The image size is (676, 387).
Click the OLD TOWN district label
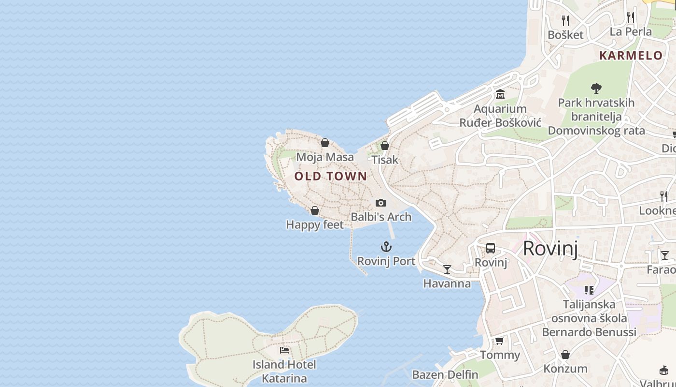tap(331, 176)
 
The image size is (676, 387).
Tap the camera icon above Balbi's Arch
tap(381, 203)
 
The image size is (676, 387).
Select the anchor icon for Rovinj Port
tap(386, 247)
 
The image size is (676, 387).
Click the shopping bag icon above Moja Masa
tap(325, 143)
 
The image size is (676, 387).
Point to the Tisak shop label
tap(385, 160)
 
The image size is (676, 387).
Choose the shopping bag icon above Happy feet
tap(315, 210)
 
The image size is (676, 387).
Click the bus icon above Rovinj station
tap(491, 248)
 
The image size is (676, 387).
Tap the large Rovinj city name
tap(550, 248)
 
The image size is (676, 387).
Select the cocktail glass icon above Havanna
tap(447, 269)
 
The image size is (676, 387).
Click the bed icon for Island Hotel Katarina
tap(284, 350)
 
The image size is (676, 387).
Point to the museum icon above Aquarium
tap(500, 94)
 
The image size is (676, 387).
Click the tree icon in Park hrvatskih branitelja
tap(596, 89)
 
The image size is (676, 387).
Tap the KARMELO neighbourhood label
tap(631, 55)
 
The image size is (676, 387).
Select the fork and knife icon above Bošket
tap(565, 20)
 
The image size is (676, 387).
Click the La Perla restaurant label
tap(631, 32)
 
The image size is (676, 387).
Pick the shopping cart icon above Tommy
tap(500, 341)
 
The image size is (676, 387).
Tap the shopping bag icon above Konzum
tap(565, 355)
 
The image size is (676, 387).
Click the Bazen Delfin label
tap(445, 374)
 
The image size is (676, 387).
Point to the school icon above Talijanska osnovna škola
tap(589, 290)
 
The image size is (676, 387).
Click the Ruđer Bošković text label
tap(500, 122)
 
